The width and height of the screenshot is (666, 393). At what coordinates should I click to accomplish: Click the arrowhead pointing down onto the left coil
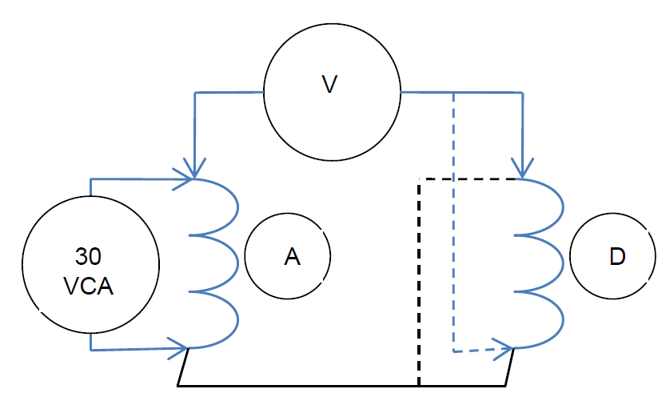coord(192,170)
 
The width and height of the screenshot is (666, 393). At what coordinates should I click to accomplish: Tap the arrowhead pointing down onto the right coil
coord(522,170)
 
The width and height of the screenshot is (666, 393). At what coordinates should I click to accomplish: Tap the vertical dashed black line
coord(419,280)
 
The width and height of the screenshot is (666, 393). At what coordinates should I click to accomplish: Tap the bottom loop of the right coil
coord(551,320)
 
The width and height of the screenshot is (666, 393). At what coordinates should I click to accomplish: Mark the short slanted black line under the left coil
coord(182,367)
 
